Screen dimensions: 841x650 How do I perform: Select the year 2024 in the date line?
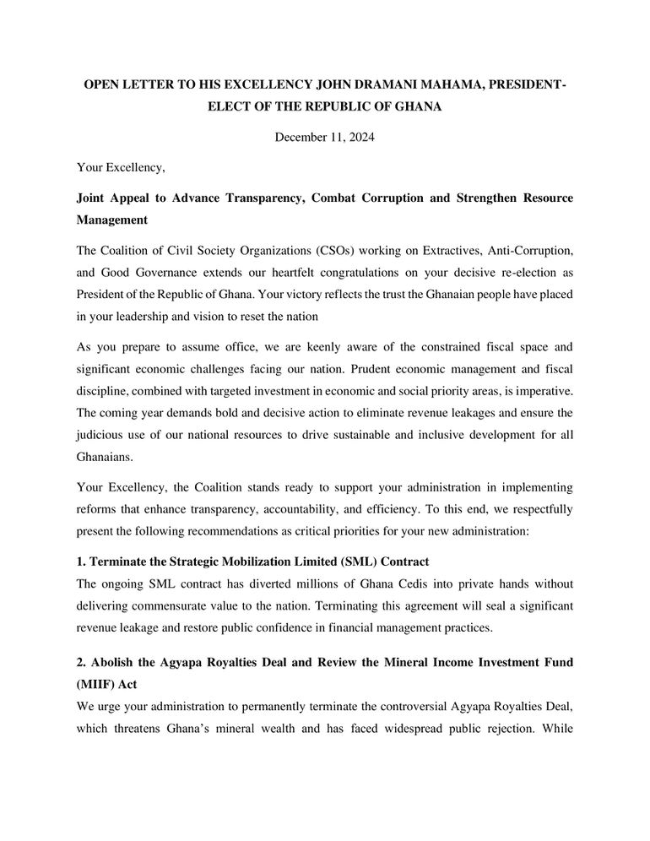pos(357,138)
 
